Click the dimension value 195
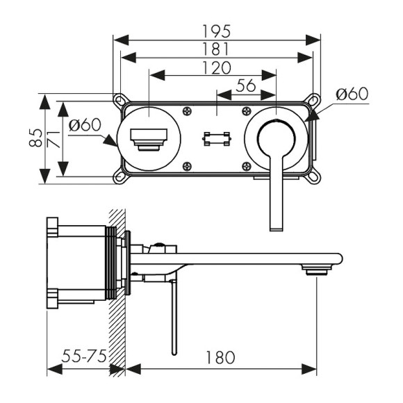point(216,31)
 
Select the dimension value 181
point(216,49)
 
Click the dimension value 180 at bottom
point(220,357)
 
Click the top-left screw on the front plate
point(187,110)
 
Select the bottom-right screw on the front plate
point(245,165)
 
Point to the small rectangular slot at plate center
point(216,139)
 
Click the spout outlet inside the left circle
point(149,138)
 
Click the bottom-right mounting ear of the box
point(313,179)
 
